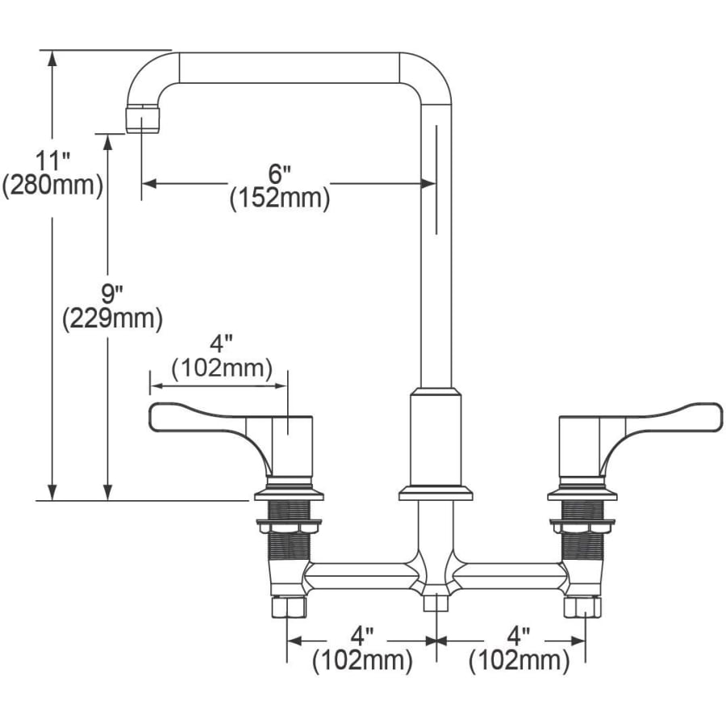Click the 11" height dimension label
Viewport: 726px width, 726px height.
[x=52, y=161]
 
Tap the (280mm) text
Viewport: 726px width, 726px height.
[x=52, y=186]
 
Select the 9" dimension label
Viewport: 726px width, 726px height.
[x=111, y=294]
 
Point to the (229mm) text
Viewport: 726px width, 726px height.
[x=112, y=319]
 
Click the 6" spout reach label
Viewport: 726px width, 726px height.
[x=279, y=174]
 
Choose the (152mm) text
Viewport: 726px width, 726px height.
[x=280, y=198]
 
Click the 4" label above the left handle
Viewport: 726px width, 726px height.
[x=221, y=344]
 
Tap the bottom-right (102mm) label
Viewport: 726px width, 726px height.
[x=519, y=660]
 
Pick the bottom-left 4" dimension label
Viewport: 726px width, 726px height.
[x=362, y=636]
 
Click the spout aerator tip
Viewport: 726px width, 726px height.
[x=143, y=119]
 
